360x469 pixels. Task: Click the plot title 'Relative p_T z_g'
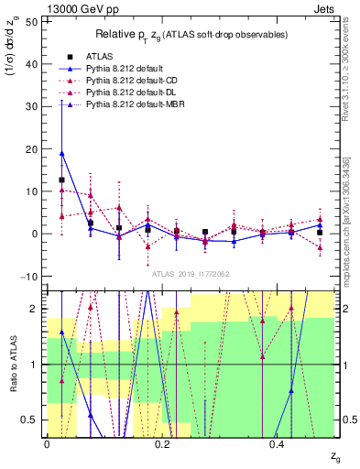pos(192,34)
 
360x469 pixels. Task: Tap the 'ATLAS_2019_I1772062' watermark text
pos(190,274)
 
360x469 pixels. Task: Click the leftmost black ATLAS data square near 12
pos(61,180)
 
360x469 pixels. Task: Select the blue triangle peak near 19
pos(61,153)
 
